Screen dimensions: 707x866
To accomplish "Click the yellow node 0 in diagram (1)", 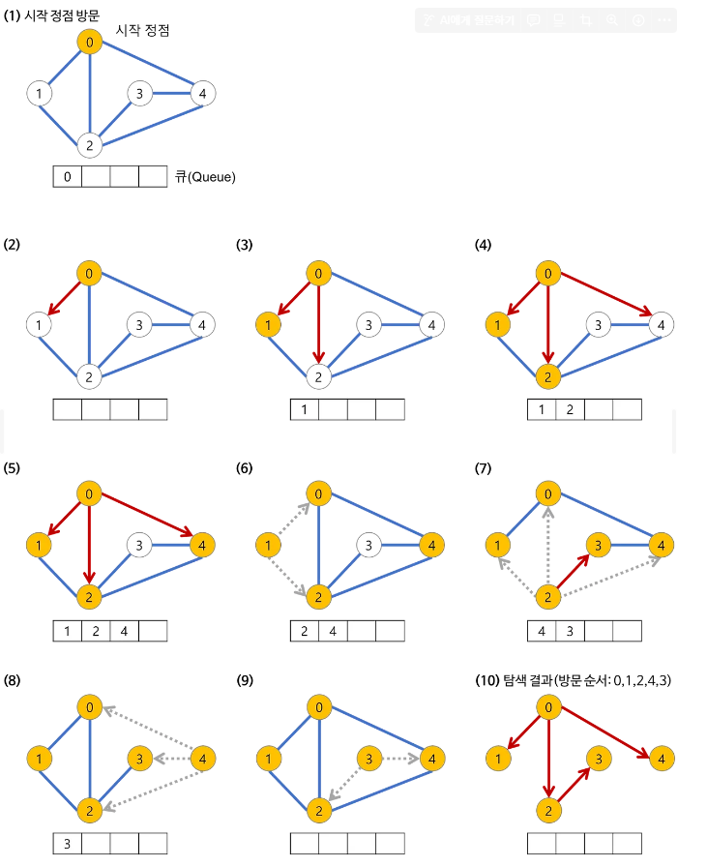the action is [x=90, y=43].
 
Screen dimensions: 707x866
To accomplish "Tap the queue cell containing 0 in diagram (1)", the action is [x=67, y=177].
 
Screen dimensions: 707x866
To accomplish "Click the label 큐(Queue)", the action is [x=205, y=177].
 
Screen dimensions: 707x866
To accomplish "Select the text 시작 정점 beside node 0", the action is [x=142, y=31].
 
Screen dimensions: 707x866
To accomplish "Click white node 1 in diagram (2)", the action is [x=39, y=325].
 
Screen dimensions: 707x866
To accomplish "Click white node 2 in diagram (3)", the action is [x=319, y=375].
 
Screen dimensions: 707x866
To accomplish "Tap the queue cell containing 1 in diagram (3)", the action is [x=305, y=410].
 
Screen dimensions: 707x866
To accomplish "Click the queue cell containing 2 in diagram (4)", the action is [x=571, y=410].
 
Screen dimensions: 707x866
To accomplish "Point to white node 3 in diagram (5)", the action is [x=140, y=546].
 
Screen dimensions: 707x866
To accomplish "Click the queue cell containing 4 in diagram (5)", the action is [x=125, y=632].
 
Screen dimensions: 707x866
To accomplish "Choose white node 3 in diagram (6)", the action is [x=367, y=546].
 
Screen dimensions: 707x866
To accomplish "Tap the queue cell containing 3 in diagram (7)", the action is [x=571, y=632].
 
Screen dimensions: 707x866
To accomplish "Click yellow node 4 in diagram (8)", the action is [x=203, y=758].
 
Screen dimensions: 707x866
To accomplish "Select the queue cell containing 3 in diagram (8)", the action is [x=67, y=844].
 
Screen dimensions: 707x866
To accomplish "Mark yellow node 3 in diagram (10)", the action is [x=600, y=758].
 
